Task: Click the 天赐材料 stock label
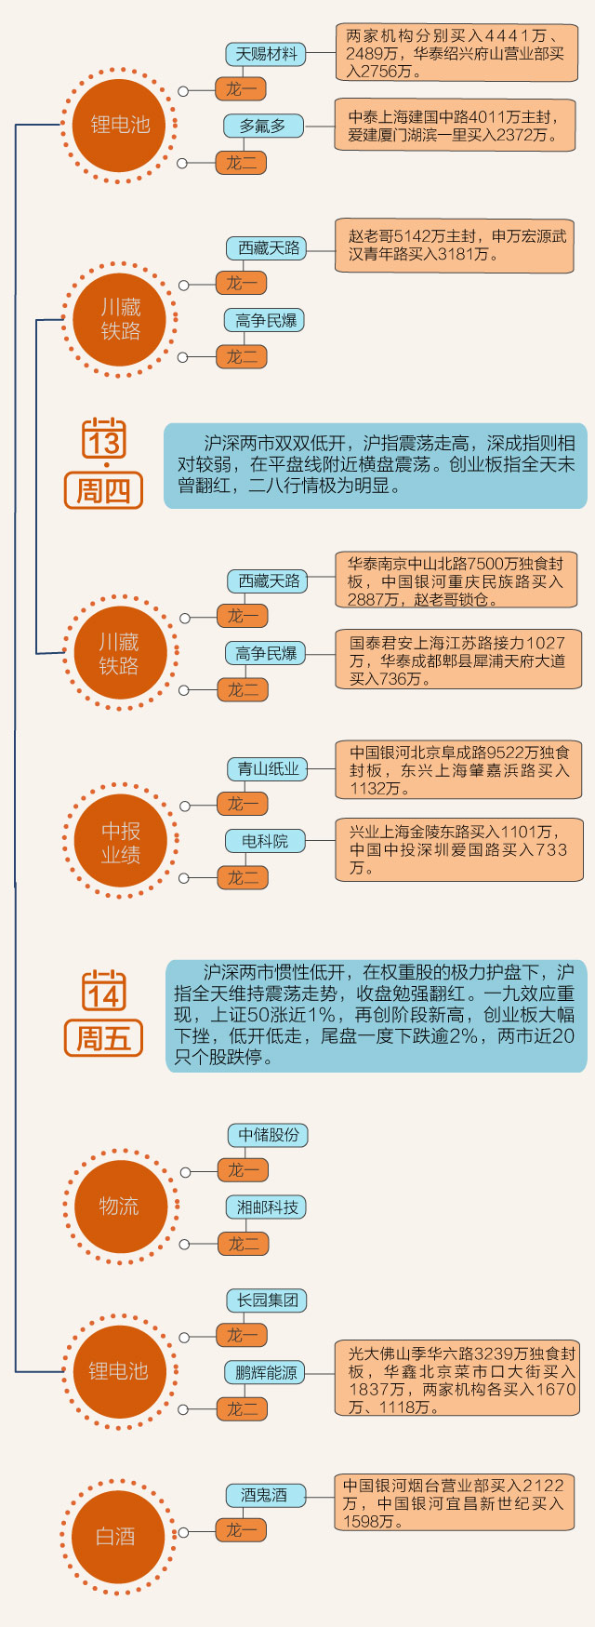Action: tap(266, 54)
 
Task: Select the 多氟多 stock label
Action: tap(263, 126)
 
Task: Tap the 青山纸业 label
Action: tap(268, 769)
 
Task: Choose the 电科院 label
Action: tap(265, 841)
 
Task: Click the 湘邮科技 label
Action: tap(267, 1207)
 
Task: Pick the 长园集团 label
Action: tap(267, 1300)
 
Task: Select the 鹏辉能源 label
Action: tap(266, 1373)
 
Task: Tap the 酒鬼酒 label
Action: tap(264, 1496)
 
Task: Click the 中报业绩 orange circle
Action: tap(120, 842)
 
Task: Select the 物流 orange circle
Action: tap(120, 1207)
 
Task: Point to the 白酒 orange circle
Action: tap(116, 1537)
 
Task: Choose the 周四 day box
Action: tap(103, 490)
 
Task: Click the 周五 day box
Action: tap(103, 1038)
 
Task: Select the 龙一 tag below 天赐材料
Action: tap(242, 89)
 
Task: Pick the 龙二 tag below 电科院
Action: tap(243, 877)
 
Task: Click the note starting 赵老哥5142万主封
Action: tap(455, 246)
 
